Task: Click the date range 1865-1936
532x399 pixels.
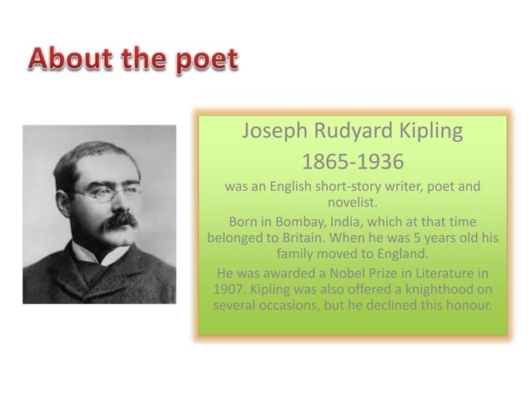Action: point(351,160)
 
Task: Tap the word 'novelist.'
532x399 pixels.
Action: point(351,202)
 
